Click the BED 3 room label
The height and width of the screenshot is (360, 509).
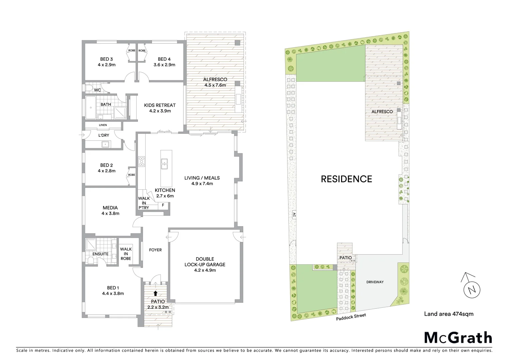coord(107,59)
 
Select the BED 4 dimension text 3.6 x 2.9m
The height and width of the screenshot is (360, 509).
coord(164,65)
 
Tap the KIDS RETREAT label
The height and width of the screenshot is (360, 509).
coord(160,105)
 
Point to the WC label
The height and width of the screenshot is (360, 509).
coord(97,90)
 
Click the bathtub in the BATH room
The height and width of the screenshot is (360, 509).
coord(90,108)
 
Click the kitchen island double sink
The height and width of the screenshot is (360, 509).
coord(164,164)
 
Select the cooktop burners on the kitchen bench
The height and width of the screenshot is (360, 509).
coord(141,161)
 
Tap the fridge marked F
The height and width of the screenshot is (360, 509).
coord(163,205)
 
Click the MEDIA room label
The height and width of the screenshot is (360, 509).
coord(110,208)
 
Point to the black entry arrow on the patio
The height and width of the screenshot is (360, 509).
coord(155,293)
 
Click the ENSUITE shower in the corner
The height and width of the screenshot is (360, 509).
coord(91,244)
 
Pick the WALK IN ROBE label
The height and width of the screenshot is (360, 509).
coord(126,254)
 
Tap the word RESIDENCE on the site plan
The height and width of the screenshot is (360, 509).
coord(346,179)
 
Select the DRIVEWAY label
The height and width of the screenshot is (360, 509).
coord(375,282)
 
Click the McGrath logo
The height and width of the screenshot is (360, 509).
coord(458,338)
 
